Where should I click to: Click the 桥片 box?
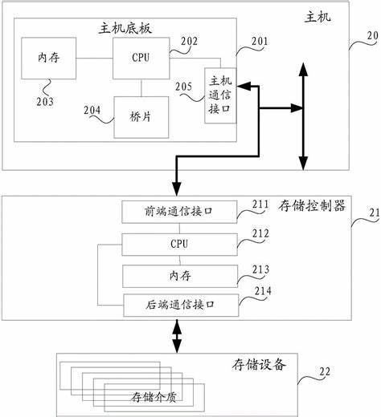141,117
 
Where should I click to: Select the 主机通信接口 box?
220,95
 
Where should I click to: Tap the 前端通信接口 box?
179,212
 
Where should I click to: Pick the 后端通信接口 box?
181,305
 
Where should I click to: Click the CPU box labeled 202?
141,58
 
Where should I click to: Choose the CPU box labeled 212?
179,245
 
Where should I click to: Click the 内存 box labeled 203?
48,58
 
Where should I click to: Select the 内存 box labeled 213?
180,276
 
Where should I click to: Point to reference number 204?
92,110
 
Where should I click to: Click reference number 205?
184,87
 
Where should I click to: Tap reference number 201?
260,41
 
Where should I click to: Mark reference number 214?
263,291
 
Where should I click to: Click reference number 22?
325,371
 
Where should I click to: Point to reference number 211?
260,204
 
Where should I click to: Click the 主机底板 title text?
125,28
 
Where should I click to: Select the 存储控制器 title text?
312,206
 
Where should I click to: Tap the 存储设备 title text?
259,365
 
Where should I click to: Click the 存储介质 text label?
154,397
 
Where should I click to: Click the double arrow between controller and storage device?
177,336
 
